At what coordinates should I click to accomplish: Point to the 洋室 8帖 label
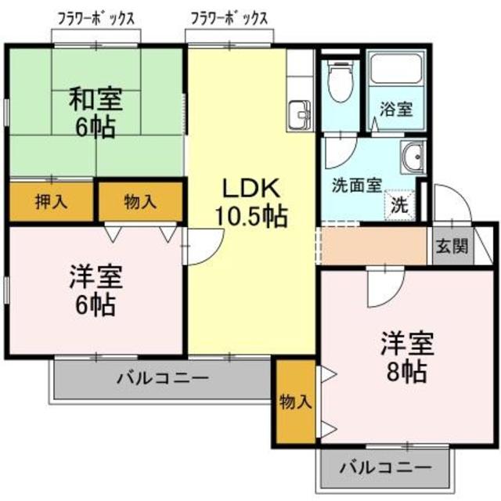(405, 356)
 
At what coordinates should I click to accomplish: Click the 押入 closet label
(52, 201)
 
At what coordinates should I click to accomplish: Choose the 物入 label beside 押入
(140, 201)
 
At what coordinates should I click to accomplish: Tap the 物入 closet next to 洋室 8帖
(295, 402)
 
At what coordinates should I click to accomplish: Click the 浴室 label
(396, 110)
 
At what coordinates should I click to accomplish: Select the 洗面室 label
(356, 186)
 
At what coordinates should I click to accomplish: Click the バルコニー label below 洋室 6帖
(163, 379)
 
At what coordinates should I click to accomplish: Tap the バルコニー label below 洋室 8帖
(386, 467)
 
